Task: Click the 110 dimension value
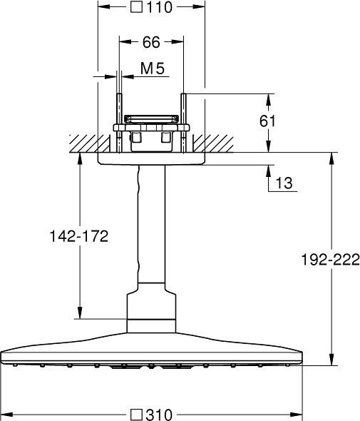coord(160,7)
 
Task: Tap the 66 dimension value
coord(151,42)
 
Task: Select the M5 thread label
coord(153,69)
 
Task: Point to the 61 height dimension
coord(267,121)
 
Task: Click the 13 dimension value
coord(284,183)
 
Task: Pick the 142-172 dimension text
coord(79,236)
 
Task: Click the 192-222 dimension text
coord(331,260)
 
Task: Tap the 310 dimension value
coord(159,415)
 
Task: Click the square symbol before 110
coord(136,7)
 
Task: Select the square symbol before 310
coord(136,415)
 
